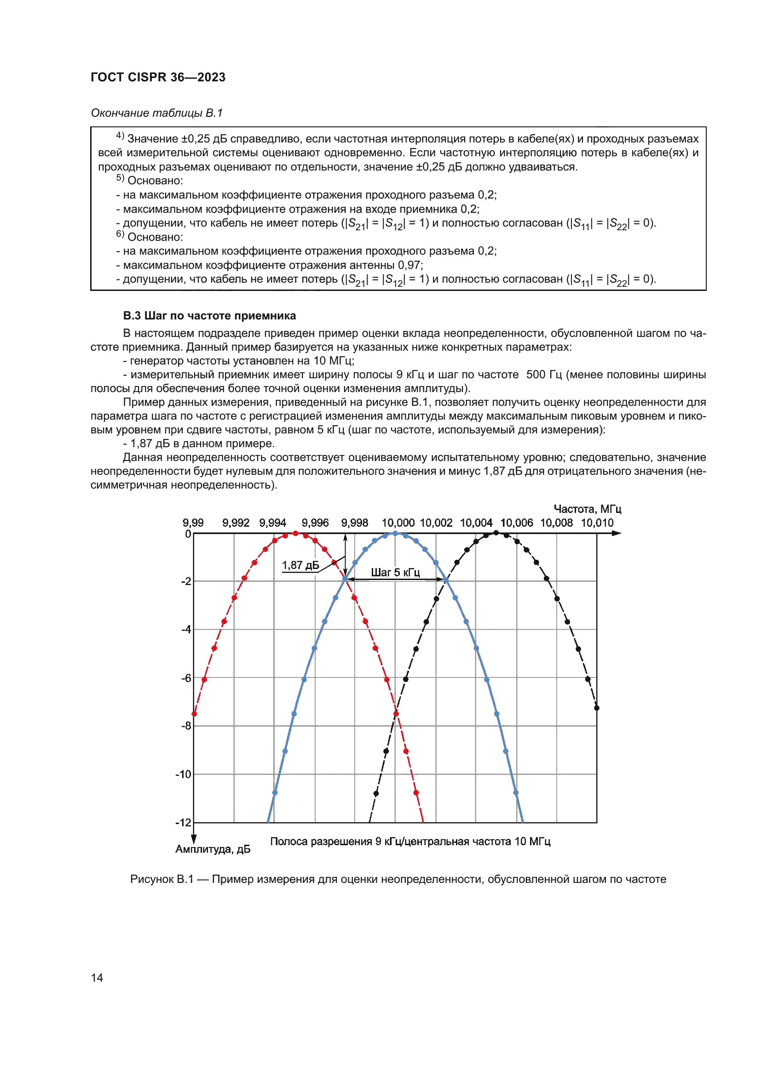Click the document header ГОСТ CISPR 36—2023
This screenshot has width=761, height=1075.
158,77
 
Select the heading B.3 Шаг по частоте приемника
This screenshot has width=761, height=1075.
209,316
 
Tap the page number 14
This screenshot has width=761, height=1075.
97,978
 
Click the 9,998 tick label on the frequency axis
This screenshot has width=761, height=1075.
354,523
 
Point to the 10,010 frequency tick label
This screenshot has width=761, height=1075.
597,523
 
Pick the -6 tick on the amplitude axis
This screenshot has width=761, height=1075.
186,678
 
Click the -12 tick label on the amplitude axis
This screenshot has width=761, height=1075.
184,823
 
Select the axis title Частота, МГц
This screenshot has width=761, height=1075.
587,509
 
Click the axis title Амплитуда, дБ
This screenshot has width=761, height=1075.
213,849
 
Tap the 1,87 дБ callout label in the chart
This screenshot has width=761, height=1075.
300,565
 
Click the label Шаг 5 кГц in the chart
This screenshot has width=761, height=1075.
395,572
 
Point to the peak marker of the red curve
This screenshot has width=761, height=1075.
295,533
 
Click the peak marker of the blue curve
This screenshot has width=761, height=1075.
395,533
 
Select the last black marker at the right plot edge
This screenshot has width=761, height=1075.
597,708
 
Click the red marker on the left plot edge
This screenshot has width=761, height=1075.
194,714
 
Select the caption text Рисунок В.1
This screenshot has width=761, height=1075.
161,879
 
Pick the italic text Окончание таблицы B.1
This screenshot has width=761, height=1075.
156,113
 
